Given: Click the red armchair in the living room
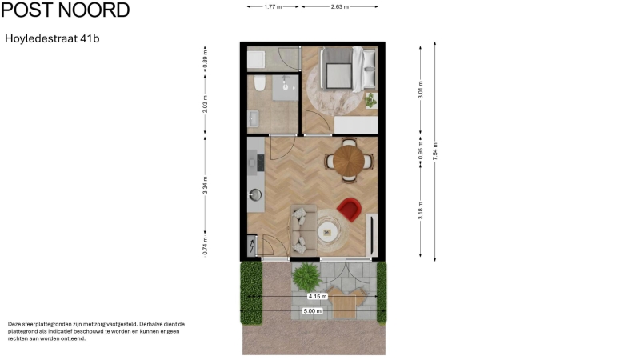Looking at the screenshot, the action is tap(350, 209).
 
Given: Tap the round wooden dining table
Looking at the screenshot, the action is tap(349, 161).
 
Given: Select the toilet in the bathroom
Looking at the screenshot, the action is tap(259, 83).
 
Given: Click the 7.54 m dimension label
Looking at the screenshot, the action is tap(434, 151).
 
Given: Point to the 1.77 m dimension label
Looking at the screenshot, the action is tap(273, 7).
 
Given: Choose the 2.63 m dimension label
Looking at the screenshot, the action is tap(339, 7).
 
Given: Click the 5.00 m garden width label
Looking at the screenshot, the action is tap(312, 311).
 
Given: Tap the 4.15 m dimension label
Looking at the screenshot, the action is tap(318, 296).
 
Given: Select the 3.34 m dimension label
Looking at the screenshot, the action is tap(206, 186).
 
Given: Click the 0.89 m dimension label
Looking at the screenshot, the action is tap(206, 59).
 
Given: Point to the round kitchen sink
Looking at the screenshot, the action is tap(255, 194).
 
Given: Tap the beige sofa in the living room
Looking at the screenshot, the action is tap(303, 229).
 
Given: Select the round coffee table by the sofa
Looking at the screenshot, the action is tap(328, 232).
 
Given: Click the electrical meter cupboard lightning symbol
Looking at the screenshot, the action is tap(252, 246).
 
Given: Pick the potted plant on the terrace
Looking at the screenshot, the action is tap(306, 276).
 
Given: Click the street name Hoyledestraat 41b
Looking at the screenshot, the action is tap(52, 38).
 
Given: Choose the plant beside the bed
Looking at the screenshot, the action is tap(370, 100).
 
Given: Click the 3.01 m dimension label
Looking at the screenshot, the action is tap(421, 90).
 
